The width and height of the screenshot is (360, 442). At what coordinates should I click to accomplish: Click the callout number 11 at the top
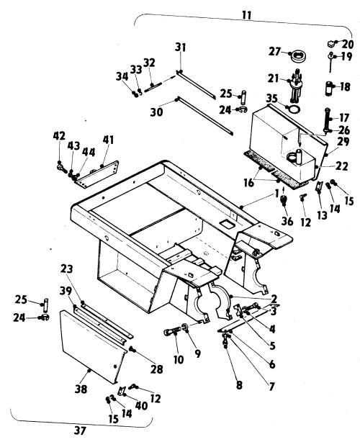pos(247,15)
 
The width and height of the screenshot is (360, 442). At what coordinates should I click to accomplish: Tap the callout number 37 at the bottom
pos(80,430)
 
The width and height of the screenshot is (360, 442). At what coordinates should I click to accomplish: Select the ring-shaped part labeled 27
pos(299,56)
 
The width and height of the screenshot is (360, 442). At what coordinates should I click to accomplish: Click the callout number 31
pos(181,48)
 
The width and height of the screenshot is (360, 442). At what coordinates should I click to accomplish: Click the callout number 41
pos(108,140)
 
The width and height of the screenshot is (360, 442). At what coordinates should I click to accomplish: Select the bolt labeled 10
pos(171,331)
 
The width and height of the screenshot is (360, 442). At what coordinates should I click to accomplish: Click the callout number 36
pos(287,221)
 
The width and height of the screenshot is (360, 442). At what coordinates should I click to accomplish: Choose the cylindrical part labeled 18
pos(330,89)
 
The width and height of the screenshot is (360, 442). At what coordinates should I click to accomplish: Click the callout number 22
pos(342,166)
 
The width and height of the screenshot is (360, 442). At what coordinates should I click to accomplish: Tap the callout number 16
pos(249,184)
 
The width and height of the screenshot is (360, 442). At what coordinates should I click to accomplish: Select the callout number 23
pos(66,269)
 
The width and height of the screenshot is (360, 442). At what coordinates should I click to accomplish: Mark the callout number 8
pos(239,385)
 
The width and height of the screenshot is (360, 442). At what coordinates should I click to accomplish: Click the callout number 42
pos(59,135)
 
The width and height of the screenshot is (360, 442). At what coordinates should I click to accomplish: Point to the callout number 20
pos(348,44)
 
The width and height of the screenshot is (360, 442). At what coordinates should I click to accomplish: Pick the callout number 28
pos(157,369)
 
